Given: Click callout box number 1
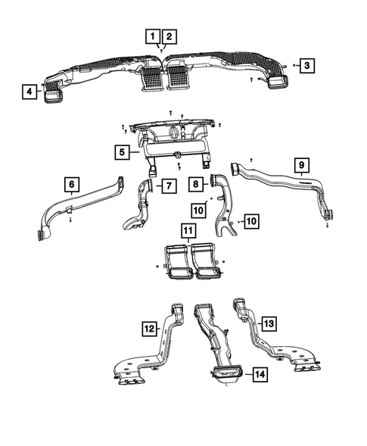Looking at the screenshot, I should click(x=153, y=36).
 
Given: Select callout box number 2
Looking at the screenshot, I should click(x=170, y=36).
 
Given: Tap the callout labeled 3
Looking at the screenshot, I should click(x=306, y=66).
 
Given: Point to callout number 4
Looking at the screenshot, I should click(x=30, y=92).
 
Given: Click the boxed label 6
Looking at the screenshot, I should click(x=71, y=184).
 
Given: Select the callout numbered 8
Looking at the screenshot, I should click(x=194, y=183).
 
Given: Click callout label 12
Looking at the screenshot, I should click(x=150, y=328).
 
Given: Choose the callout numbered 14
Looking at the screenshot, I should click(x=259, y=374).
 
